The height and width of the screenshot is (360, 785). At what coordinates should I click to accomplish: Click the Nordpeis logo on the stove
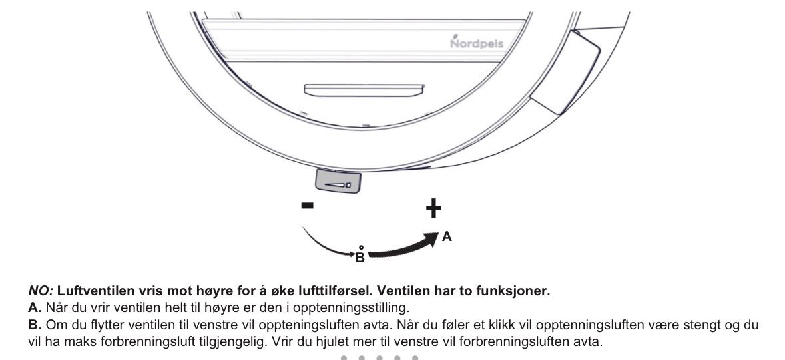[477, 43]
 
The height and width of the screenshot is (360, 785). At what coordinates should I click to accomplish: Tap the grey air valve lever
[338, 181]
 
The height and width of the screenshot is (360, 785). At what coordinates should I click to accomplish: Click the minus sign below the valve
[308, 205]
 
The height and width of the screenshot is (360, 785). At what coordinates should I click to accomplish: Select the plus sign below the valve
[433, 209]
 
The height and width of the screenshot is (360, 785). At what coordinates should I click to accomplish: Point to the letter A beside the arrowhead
[447, 237]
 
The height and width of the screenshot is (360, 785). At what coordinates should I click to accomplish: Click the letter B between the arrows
[360, 258]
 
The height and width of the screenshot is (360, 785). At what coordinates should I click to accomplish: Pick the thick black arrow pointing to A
[403, 247]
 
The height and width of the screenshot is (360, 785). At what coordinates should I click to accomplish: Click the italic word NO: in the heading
[41, 291]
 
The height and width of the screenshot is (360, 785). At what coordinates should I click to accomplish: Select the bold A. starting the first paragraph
[35, 307]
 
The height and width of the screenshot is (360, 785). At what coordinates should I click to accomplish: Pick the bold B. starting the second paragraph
[35, 325]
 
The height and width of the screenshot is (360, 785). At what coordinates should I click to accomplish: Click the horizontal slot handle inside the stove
[364, 90]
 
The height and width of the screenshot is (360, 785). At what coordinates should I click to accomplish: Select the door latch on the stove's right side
[565, 73]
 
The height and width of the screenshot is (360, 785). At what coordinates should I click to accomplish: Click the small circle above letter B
[361, 248]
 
